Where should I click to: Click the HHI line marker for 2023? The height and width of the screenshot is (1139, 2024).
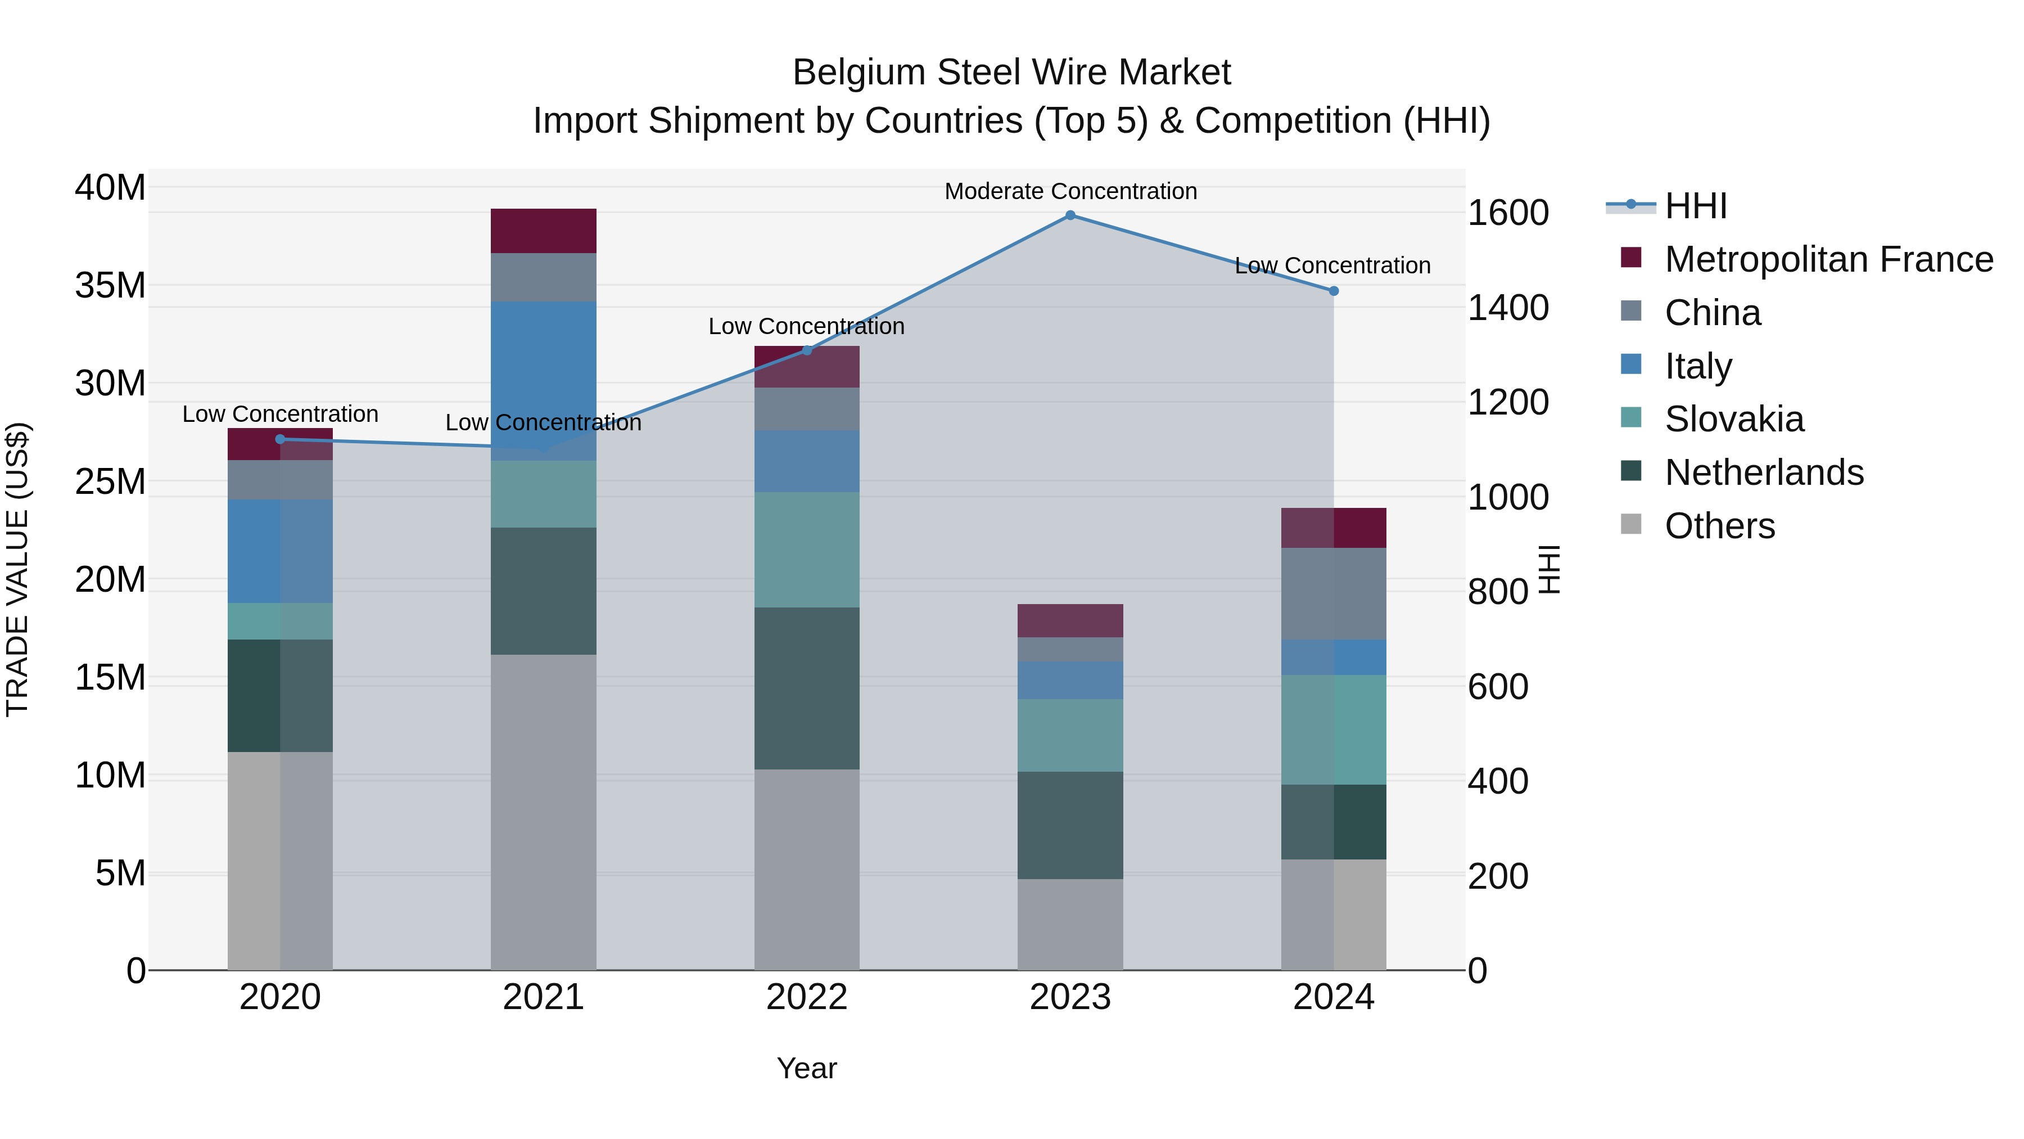click(x=1070, y=215)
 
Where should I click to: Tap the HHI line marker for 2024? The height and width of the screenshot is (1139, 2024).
click(x=1334, y=291)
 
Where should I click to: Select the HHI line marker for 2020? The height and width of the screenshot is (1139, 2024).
click(x=281, y=439)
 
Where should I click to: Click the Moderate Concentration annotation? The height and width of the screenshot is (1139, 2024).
click(x=1070, y=191)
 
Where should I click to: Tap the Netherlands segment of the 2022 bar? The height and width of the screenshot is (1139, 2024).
click(x=807, y=688)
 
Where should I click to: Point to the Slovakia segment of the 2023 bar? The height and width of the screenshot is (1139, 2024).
click(x=1070, y=735)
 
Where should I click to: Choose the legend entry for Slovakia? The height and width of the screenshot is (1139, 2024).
click(x=1734, y=419)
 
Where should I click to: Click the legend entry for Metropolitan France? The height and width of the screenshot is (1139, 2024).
click(x=1828, y=259)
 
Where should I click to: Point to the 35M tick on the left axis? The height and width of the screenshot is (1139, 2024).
click(x=110, y=285)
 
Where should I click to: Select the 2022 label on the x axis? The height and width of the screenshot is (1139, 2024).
click(x=807, y=997)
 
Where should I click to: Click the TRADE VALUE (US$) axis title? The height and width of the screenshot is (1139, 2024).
click(x=18, y=569)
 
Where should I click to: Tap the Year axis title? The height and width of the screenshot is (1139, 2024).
click(x=807, y=1068)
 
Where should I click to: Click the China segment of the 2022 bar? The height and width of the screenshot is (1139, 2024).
click(x=807, y=409)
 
